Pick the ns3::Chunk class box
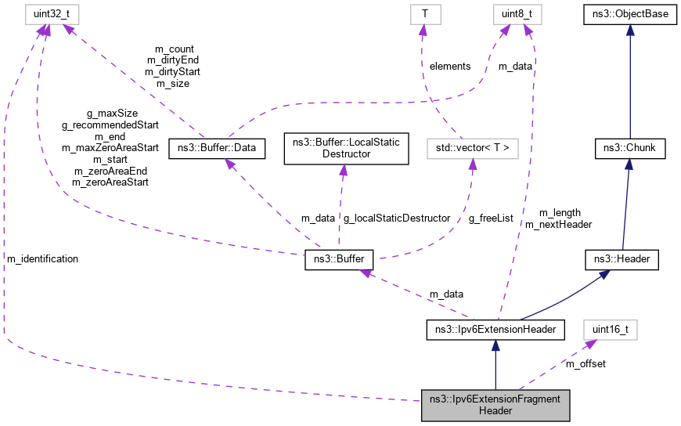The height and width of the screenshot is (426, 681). [x=629, y=147]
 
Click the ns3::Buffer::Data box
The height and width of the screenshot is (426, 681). [x=217, y=147]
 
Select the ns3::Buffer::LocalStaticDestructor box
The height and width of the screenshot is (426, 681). [x=345, y=148]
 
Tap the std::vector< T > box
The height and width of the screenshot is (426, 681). [x=472, y=147]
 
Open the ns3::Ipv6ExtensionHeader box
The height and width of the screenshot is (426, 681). [x=495, y=330]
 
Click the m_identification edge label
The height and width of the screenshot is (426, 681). [x=42, y=258]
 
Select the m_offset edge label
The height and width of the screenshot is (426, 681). [x=586, y=363]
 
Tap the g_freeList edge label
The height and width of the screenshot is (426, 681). [x=491, y=218]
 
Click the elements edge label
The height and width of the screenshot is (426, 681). [x=450, y=67]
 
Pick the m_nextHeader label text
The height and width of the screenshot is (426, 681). [x=558, y=224]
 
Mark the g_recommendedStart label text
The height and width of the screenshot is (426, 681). [x=110, y=125]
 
